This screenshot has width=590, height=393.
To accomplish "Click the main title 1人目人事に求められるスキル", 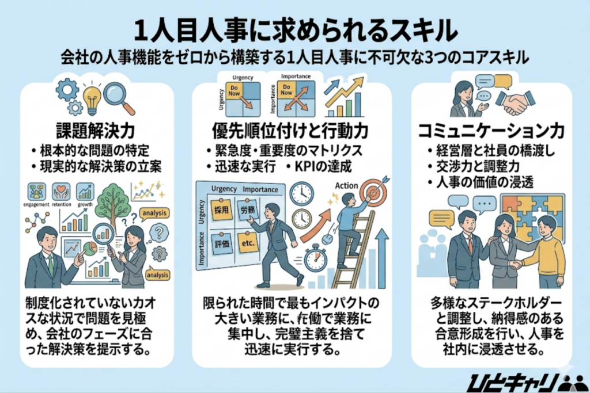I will point(295,29).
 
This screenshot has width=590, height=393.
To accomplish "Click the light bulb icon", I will point(92,99).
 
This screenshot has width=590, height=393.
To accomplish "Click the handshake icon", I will point(515,101).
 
